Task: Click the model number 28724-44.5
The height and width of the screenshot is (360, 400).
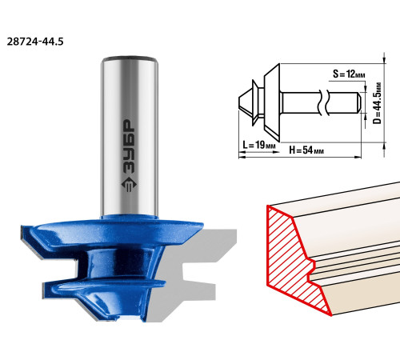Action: pyautogui.click(x=35, y=42)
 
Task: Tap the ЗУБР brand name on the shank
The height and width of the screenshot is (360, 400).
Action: pyautogui.click(x=129, y=146)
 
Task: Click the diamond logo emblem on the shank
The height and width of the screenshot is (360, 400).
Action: pyautogui.click(x=129, y=184)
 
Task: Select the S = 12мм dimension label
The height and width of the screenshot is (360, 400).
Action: pyautogui.click(x=349, y=74)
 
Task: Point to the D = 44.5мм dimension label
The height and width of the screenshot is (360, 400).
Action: pyautogui.click(x=377, y=103)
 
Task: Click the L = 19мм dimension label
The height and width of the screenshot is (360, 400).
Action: pyautogui.click(x=259, y=145)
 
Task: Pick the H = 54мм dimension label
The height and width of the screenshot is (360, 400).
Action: pyautogui.click(x=306, y=150)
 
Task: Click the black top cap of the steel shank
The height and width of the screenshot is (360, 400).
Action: pyautogui.click(x=129, y=58)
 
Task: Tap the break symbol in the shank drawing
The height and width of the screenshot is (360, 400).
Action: pyautogui.click(x=323, y=103)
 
